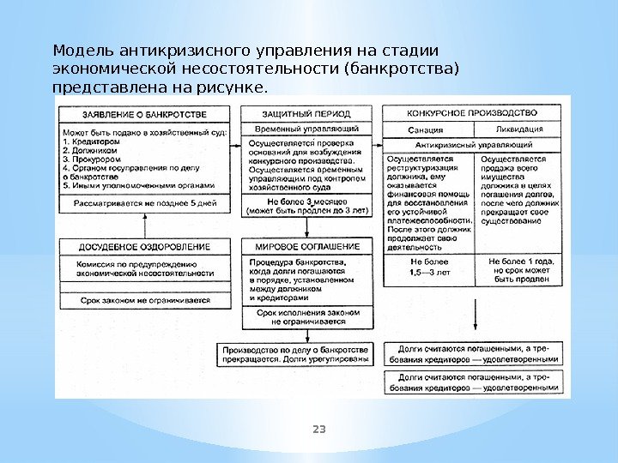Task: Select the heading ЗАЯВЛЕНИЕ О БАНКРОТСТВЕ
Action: point(144,113)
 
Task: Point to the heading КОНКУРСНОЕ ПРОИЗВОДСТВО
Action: point(471,112)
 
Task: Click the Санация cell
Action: point(426,129)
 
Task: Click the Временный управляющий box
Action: point(307,129)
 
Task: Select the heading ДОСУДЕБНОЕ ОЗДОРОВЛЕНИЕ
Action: point(144,245)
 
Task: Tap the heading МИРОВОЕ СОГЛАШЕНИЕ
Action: point(307,245)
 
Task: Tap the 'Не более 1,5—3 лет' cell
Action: point(427,266)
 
